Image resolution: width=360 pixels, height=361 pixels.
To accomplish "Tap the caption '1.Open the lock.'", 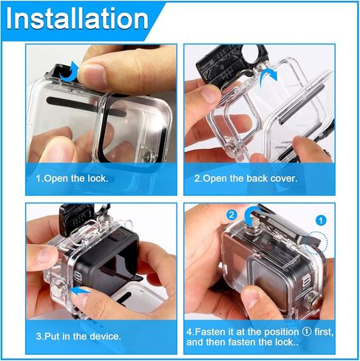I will click(x=72, y=179).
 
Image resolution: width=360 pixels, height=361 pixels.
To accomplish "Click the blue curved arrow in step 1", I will click(x=70, y=71).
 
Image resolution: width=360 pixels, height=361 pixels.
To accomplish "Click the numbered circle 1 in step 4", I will click(x=320, y=220).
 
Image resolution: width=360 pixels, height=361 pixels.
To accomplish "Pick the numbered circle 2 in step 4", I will click(x=231, y=215).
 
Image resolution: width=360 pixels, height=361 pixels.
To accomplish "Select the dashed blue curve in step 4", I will click(x=316, y=239).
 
